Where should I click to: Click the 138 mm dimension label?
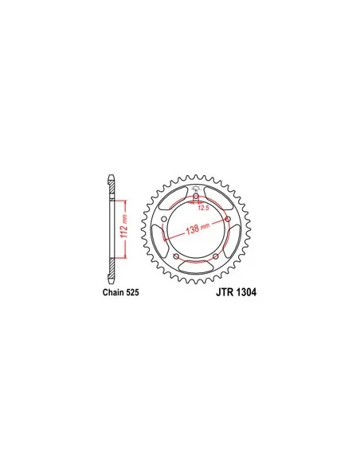pyautogui.click(x=198, y=229)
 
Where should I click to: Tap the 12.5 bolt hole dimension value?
pyautogui.click(x=203, y=208)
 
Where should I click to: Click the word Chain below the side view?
pyautogui.click(x=114, y=292)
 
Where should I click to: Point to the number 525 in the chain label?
pyautogui.click(x=132, y=292)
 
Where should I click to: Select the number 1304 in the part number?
pyautogui.click(x=247, y=292)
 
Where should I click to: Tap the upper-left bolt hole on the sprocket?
pyautogui.click(x=164, y=219)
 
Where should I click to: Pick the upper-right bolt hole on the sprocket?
pyautogui.click(x=228, y=219)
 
